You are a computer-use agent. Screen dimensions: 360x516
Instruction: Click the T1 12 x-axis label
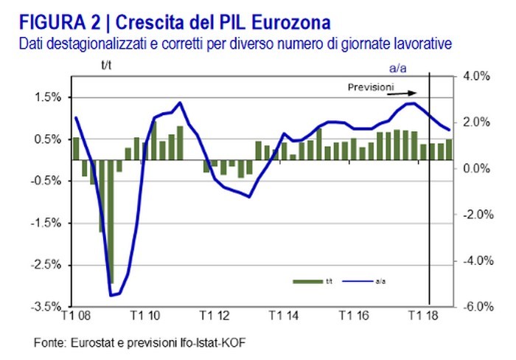(215, 316)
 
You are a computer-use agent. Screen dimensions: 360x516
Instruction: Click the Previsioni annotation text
(371, 87)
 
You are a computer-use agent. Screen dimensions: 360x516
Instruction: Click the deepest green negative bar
(111, 221)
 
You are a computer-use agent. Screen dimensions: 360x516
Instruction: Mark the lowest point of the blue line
(112, 295)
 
